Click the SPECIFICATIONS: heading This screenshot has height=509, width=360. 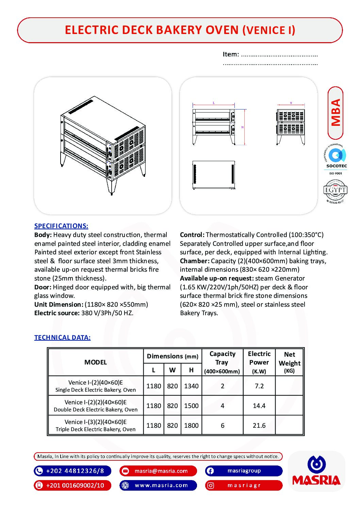(61, 226)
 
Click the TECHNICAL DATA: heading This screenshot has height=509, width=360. (62, 338)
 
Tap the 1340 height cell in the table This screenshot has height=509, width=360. (191, 386)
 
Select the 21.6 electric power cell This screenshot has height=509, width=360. (259, 426)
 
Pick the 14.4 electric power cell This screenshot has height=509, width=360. (259, 406)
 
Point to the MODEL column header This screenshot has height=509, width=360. (95, 362)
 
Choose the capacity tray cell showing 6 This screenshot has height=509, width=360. (223, 426)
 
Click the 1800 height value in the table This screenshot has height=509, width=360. (191, 426)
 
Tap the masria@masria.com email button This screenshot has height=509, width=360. (158, 471)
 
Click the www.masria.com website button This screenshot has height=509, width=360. (158, 486)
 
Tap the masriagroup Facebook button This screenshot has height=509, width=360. (244, 471)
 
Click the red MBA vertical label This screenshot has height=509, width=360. (336, 113)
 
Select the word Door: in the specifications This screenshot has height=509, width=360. (43, 287)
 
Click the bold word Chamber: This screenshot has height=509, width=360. (195, 261)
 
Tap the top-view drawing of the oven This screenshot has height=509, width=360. (214, 175)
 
